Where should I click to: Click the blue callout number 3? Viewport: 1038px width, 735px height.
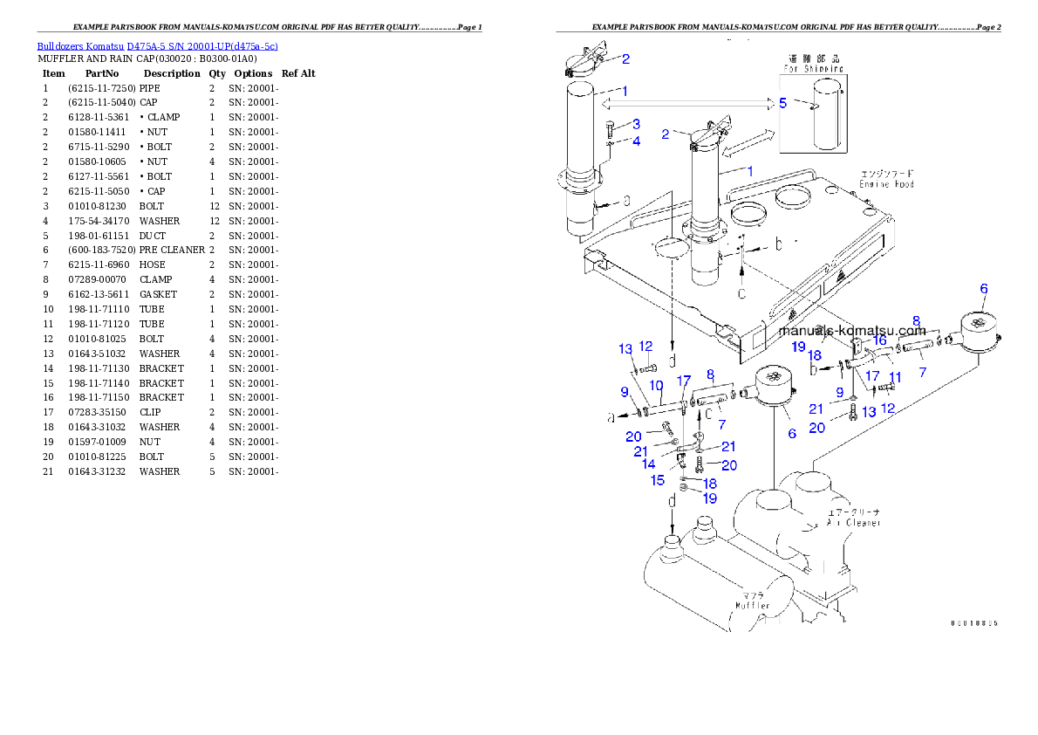pyautogui.click(x=636, y=124)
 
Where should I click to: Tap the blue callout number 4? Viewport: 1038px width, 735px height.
pyautogui.click(x=636, y=141)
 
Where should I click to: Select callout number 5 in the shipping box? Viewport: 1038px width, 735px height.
pyautogui.click(x=782, y=103)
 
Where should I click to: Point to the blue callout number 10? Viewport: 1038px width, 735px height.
pyautogui.click(x=656, y=385)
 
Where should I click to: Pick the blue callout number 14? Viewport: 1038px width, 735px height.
pyautogui.click(x=649, y=464)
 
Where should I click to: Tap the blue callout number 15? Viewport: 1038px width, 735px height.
pyautogui.click(x=658, y=480)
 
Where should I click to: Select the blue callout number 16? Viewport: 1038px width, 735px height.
pyautogui.click(x=879, y=340)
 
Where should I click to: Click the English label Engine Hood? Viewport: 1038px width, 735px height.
pyautogui.click(x=885, y=184)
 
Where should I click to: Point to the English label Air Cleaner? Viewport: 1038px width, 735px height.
pyautogui.click(x=853, y=522)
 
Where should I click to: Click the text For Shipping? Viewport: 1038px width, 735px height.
pyautogui.click(x=812, y=68)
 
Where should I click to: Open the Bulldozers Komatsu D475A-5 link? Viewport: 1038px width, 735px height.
pyautogui.click(x=157, y=46)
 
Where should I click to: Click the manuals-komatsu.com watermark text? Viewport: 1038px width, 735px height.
pyautogui.click(x=851, y=330)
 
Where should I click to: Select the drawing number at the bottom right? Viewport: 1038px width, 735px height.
pyautogui.click(x=973, y=623)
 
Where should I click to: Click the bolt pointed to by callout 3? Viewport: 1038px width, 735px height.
pyautogui.click(x=608, y=132)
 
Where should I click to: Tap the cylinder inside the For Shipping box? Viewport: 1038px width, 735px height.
pyautogui.click(x=828, y=114)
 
